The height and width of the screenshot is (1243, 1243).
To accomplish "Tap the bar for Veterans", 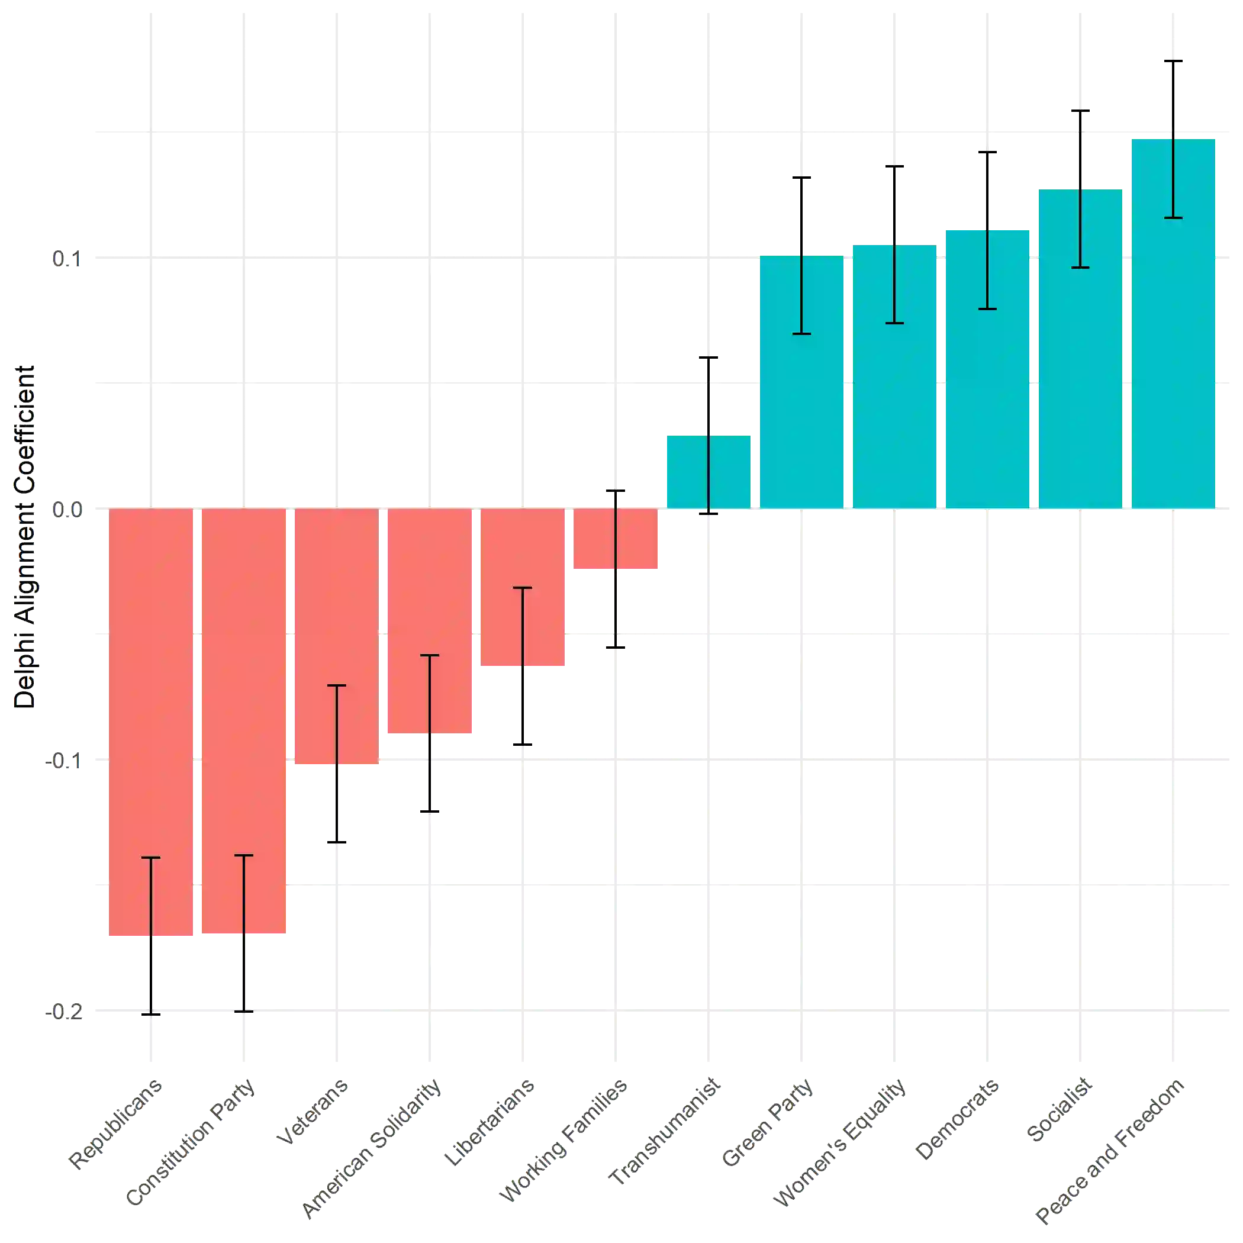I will (336, 637).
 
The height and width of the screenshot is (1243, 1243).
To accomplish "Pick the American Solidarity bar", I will (429, 621).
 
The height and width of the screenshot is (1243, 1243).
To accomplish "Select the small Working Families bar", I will (616, 540).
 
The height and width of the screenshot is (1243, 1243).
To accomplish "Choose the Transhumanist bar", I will (708, 472).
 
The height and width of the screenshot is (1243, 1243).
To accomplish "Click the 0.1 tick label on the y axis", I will (67, 259).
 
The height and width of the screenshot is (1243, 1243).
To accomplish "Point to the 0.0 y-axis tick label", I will (67, 510).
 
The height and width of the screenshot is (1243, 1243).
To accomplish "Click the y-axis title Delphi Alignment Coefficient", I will (25, 537).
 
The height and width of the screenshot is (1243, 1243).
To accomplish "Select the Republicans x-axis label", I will (116, 1126).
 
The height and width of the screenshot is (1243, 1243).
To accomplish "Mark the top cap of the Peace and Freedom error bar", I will (1172, 62).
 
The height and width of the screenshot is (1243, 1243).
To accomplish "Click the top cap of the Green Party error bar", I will (802, 177).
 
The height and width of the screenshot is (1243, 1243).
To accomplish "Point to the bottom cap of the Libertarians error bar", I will (523, 746).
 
